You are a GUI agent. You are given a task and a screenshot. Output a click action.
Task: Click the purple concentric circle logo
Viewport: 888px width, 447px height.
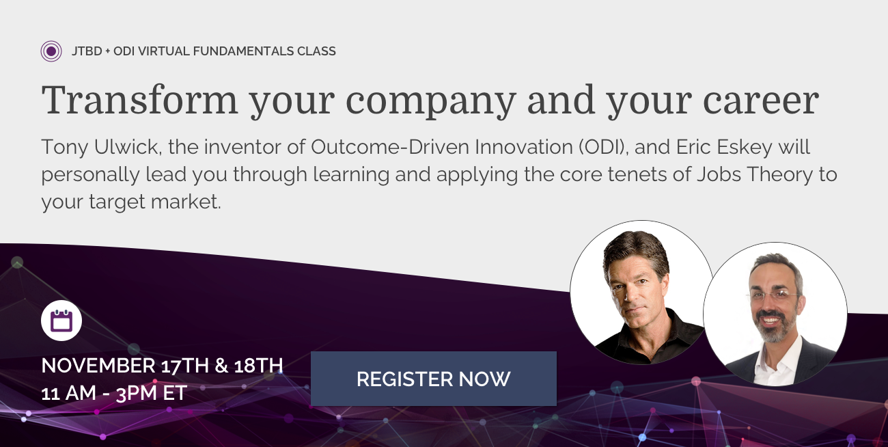point(51,51)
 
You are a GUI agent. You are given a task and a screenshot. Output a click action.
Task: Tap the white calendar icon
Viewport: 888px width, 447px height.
point(61,321)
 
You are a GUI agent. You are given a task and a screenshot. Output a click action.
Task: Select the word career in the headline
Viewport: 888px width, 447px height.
point(761,102)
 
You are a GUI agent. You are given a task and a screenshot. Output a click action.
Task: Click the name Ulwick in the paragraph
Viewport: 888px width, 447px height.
point(128,147)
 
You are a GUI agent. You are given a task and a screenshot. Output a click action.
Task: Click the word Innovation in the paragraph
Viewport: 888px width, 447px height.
point(524,147)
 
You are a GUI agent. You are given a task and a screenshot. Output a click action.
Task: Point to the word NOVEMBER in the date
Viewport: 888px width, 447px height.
point(98,365)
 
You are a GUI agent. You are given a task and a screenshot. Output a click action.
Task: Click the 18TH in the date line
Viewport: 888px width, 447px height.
point(258,365)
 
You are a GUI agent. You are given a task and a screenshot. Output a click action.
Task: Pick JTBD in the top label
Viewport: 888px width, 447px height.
point(87,51)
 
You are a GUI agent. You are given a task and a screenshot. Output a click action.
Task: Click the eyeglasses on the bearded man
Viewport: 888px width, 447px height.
point(773,295)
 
